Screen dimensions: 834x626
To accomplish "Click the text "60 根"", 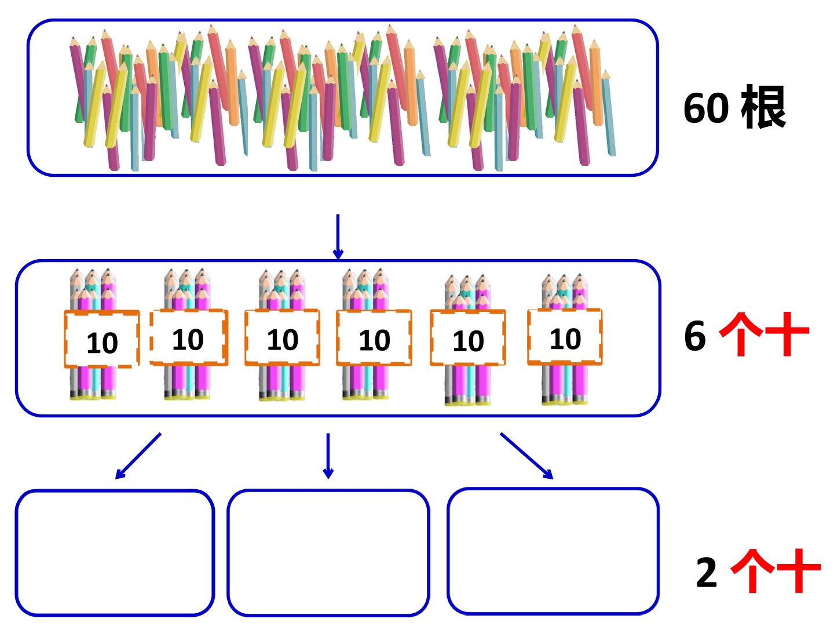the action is pyautogui.click(x=734, y=108).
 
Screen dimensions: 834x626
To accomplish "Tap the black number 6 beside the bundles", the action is pyautogui.click(x=694, y=335).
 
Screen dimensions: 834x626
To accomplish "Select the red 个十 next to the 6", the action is pyautogui.click(x=764, y=334).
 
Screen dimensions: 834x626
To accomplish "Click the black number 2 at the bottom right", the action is pyautogui.click(x=707, y=572).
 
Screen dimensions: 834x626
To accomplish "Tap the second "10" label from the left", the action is pyautogui.click(x=189, y=337).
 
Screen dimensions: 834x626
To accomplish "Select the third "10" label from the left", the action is pyautogui.click(x=282, y=337).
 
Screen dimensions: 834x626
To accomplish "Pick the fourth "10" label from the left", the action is pyautogui.click(x=374, y=338).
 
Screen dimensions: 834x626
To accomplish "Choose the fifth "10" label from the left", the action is pyautogui.click(x=468, y=338).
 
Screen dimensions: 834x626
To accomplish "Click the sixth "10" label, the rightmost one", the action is pyautogui.click(x=565, y=337).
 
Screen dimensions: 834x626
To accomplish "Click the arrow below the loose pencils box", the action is pyautogui.click(x=338, y=236).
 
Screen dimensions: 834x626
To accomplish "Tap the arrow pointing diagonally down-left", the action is pyautogui.click(x=138, y=456).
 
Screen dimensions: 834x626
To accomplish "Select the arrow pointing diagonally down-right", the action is pyautogui.click(x=526, y=456).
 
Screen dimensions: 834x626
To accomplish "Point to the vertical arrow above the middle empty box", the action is pyautogui.click(x=328, y=456).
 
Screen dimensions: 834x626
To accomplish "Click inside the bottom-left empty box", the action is pyautogui.click(x=115, y=553).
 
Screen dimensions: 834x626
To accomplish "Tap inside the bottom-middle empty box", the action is pyautogui.click(x=328, y=553).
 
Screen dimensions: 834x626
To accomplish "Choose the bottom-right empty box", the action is pyautogui.click(x=553, y=551).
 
